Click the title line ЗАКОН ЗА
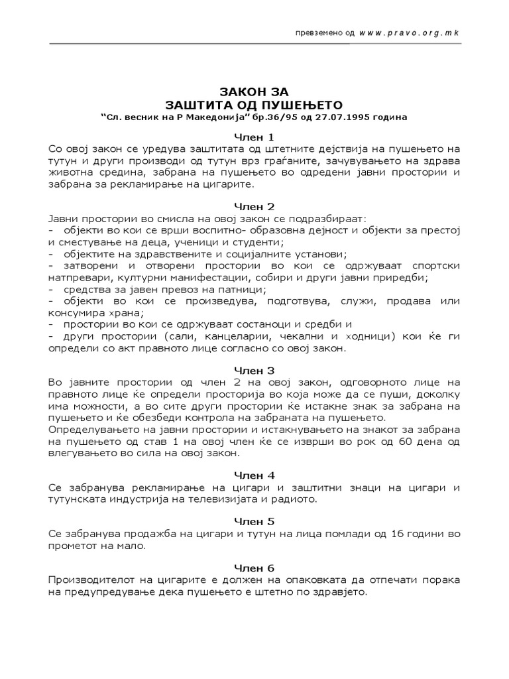pos(254,92)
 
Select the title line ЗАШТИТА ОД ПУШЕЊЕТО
pos(254,104)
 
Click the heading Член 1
pos(254,136)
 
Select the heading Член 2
pos(254,206)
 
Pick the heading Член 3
pos(254,369)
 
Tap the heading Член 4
pos(254,475)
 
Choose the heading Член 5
pos(254,521)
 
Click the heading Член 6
pos(254,568)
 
